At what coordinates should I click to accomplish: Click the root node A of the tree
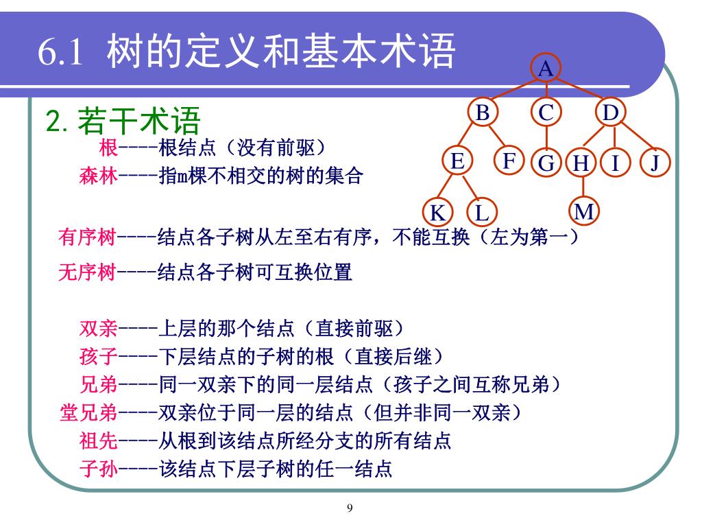point(546,69)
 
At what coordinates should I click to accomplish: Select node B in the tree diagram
point(483,113)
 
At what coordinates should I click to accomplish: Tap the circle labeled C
point(546,113)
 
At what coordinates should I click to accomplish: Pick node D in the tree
point(610,113)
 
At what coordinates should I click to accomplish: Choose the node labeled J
point(655,163)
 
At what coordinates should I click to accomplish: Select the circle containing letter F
point(509,161)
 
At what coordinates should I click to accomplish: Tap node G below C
point(546,163)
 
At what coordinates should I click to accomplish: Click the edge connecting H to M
point(583,187)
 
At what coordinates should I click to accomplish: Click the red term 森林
point(99,176)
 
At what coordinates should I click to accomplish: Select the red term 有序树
point(87,237)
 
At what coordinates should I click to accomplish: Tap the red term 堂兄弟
point(88,412)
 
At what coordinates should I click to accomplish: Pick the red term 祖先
point(99,441)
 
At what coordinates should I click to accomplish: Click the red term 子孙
point(99,469)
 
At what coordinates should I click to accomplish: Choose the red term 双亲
point(99,328)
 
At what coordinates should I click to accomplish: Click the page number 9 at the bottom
point(350,508)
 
